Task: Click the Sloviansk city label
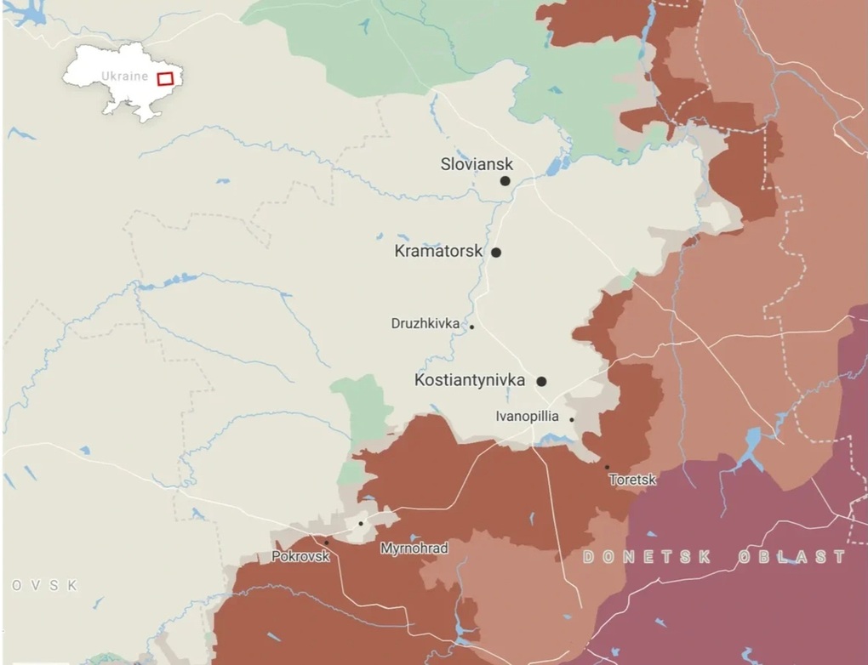pos(477,164)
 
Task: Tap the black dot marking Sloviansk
pos(505,181)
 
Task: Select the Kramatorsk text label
pos(438,252)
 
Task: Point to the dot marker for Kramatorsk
pos(496,253)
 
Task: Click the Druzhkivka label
pos(425,323)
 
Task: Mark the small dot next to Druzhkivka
pos(471,327)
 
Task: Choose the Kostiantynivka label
pos(469,380)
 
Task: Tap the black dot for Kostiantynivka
pos(541,382)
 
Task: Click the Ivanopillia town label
pos(527,417)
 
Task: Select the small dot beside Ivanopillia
pos(572,419)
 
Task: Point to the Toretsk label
pos(632,480)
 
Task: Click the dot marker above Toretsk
pos(607,467)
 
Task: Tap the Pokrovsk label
pos(300,557)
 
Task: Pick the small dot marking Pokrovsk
pos(326,543)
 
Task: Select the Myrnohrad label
pos(414,548)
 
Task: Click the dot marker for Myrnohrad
pos(361,524)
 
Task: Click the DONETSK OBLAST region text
pos(714,557)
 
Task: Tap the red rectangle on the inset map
pos(165,78)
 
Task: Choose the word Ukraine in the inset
pos(125,76)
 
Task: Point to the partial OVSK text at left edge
pos(44,586)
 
